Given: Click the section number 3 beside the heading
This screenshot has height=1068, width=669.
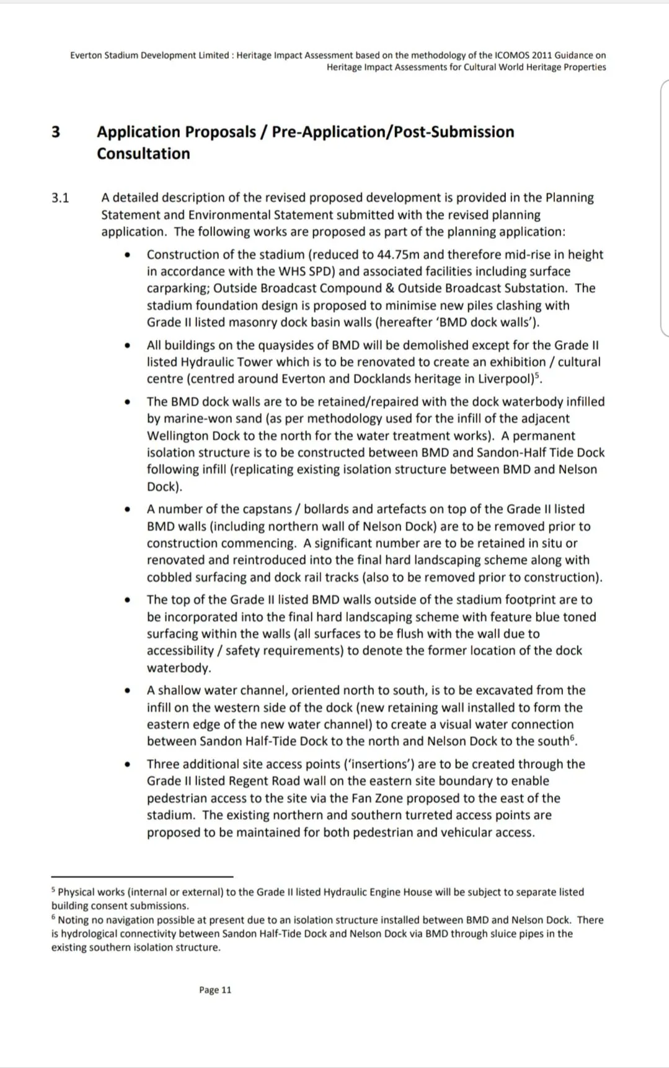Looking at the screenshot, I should (x=56, y=132).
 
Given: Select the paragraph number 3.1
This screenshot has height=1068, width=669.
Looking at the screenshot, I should (x=60, y=198).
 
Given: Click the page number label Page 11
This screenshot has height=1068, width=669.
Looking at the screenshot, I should (x=215, y=990).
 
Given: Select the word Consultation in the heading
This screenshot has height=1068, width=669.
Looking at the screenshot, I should (x=143, y=154).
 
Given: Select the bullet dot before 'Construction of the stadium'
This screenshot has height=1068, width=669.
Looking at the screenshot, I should (x=127, y=255).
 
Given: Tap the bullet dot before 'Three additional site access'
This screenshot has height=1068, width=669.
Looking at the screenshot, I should (x=127, y=765).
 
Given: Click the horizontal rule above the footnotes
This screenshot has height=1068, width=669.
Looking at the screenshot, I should (x=142, y=876).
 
